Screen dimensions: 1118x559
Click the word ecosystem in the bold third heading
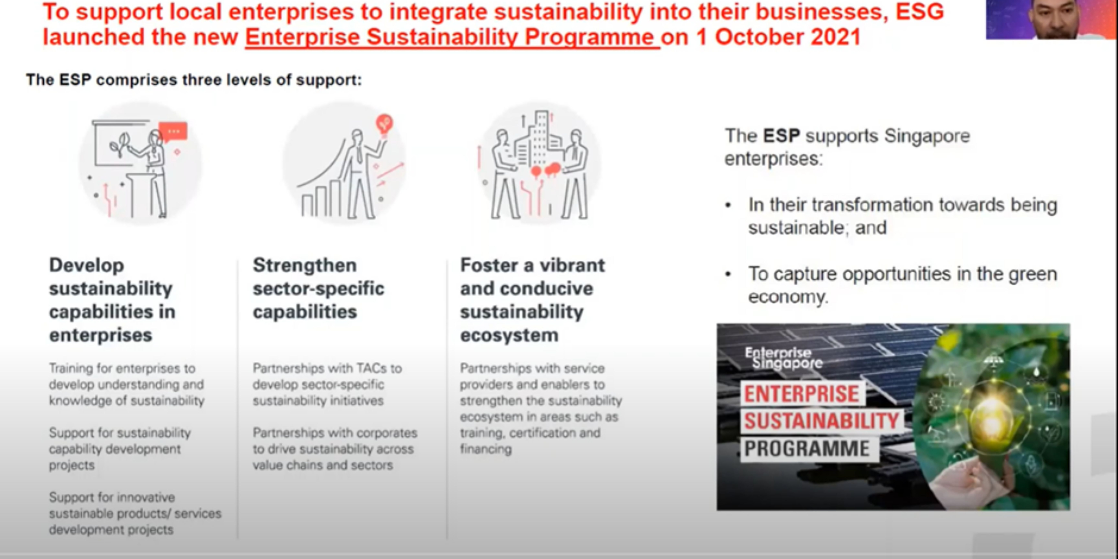509,335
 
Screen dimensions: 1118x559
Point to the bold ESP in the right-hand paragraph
781,136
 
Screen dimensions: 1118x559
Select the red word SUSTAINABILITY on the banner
821,421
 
